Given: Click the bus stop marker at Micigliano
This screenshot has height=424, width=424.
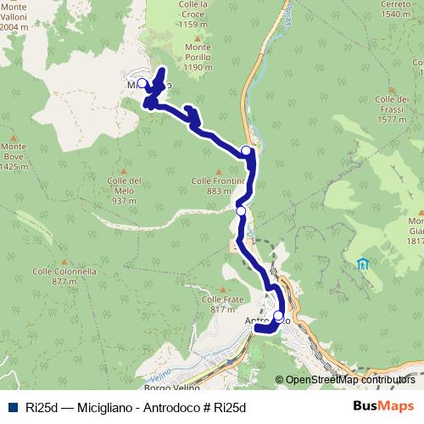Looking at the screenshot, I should [x=142, y=84].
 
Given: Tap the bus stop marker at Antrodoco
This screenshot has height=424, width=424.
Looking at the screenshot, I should [x=278, y=316].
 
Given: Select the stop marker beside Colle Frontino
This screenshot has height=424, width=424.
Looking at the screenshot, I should [x=247, y=151].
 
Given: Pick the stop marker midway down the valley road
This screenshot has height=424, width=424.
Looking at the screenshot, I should [x=241, y=211].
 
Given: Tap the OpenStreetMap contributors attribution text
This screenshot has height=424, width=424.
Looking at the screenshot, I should [x=349, y=380].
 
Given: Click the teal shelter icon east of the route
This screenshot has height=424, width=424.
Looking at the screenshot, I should [x=363, y=264].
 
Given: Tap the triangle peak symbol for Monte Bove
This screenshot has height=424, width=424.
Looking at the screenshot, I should [x=14, y=138].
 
